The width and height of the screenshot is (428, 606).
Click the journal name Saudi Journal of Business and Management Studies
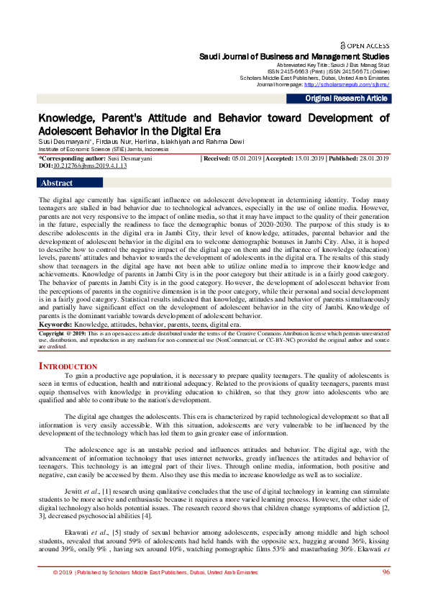pos(294,56)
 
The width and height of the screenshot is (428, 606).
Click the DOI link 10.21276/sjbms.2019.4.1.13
pos(90,165)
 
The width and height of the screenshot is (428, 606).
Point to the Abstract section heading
pos(57,183)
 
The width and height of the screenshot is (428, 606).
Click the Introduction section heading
pos(68,366)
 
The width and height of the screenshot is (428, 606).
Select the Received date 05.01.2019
pos(245,158)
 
